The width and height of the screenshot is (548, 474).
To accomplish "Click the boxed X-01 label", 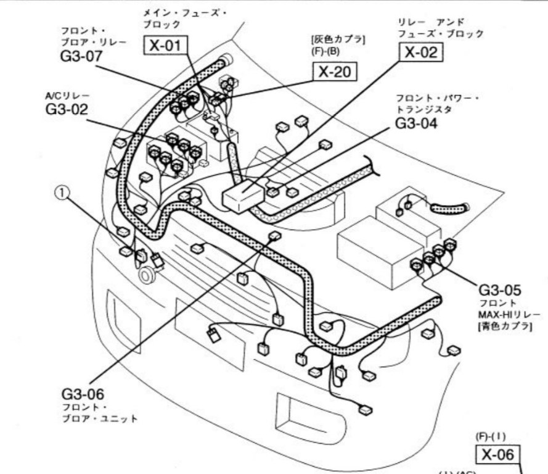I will tap(166, 45).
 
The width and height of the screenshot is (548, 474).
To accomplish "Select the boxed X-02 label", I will tap(422, 52).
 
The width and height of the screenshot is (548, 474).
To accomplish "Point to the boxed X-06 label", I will tap(497, 455).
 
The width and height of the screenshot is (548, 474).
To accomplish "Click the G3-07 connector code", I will tap(77, 57).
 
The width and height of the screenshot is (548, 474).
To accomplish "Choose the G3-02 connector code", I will tap(67, 109).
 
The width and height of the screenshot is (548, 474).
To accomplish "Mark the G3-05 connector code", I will tap(500, 289).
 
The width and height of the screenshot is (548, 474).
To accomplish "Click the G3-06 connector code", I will tap(83, 393).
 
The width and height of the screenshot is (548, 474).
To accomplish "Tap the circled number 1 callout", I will tap(62, 193).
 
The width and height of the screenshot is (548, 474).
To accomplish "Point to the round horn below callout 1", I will tap(147, 275).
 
